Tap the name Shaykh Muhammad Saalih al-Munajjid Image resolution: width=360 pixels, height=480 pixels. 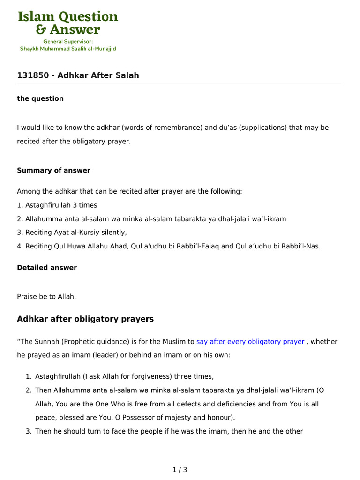[x=68, y=48]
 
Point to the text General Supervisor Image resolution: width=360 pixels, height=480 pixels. [x=68, y=41]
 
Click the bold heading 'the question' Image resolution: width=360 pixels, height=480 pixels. [x=40, y=98]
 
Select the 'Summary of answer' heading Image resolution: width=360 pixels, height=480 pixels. [x=53, y=170]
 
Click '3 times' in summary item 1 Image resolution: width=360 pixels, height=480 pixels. [x=85, y=205]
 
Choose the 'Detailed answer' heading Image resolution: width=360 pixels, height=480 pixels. [x=47, y=268]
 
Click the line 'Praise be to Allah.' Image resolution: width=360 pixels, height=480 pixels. [x=46, y=297]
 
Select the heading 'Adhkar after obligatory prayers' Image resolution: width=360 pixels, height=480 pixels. [x=85, y=319]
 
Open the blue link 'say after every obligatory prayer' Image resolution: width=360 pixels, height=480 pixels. [x=250, y=342]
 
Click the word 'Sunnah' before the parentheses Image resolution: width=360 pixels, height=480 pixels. [x=46, y=342]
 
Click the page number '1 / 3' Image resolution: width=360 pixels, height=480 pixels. [x=180, y=469]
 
